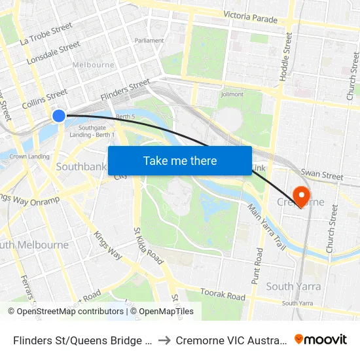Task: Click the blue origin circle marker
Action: tap(59, 116)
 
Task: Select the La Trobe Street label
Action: tap(46, 34)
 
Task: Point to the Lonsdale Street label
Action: tap(53, 54)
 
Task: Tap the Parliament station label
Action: tap(149, 41)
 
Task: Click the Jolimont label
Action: tap(232, 94)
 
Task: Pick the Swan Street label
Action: tap(321, 175)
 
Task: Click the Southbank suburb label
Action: tap(81, 167)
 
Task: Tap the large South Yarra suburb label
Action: tap(293, 286)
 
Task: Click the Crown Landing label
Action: tap(29, 156)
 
